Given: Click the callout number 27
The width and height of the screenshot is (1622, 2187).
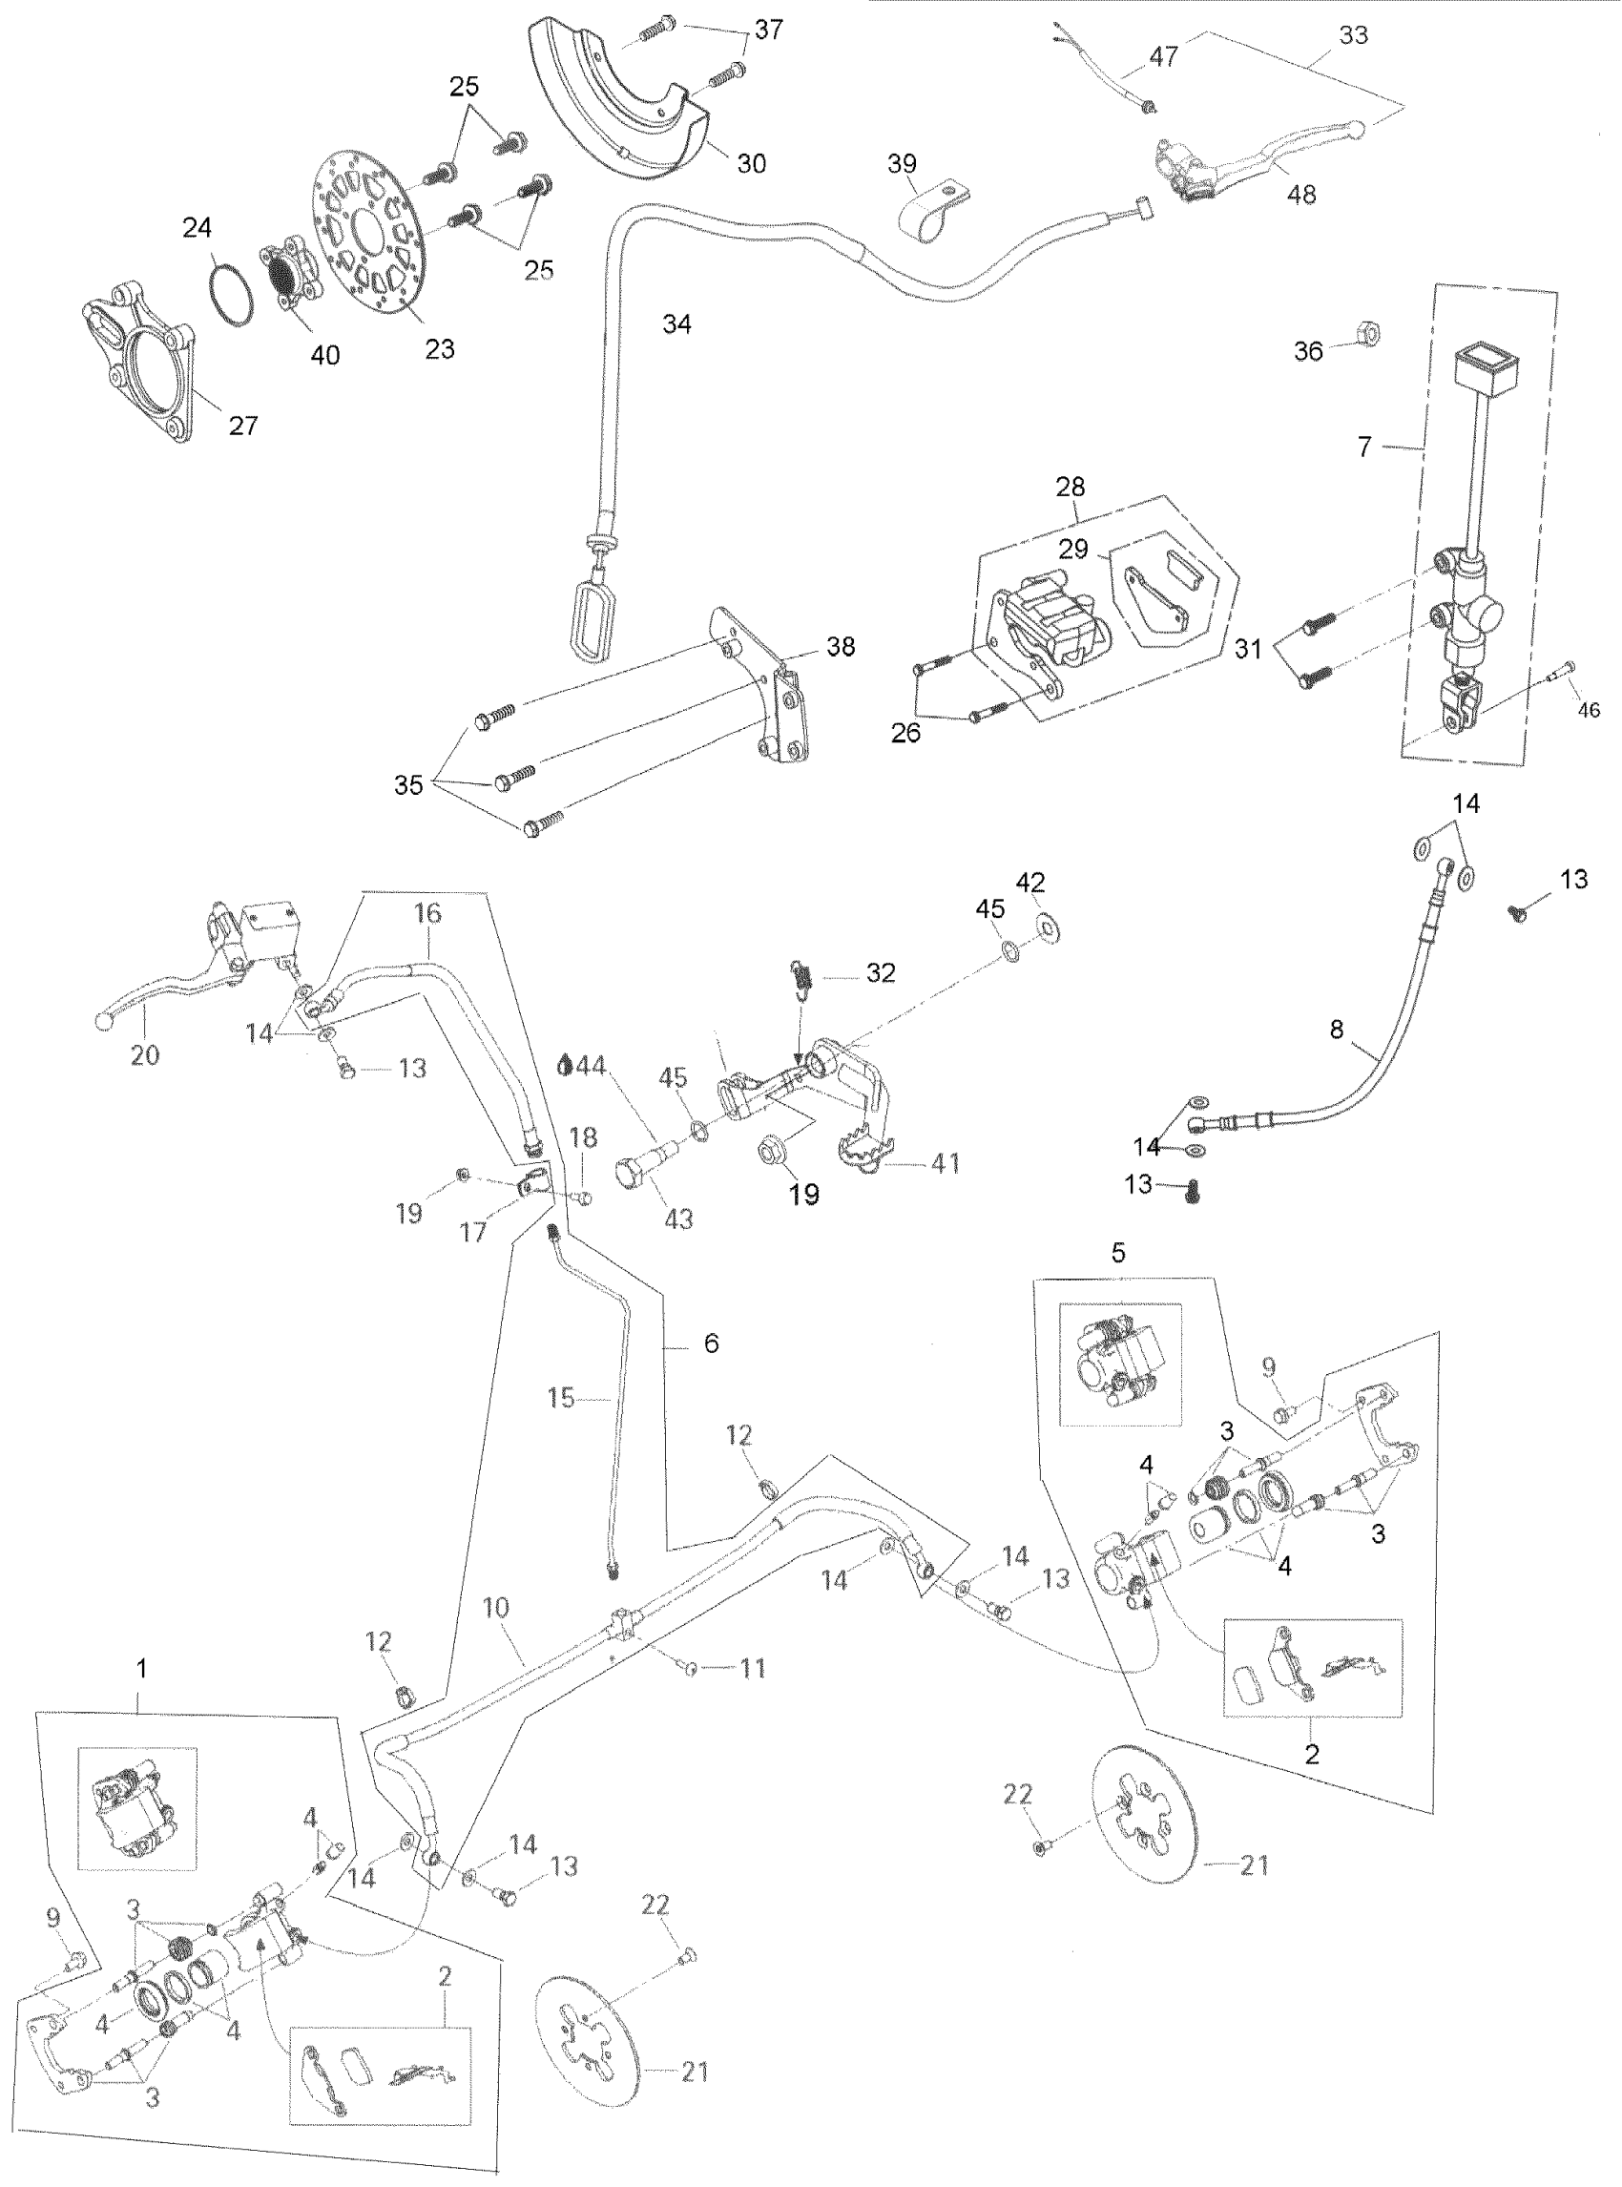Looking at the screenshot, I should pyautogui.click(x=242, y=426).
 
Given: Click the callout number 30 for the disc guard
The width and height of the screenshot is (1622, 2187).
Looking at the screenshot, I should pyautogui.click(x=751, y=163).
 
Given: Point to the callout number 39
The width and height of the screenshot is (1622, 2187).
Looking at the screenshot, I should pyautogui.click(x=902, y=163).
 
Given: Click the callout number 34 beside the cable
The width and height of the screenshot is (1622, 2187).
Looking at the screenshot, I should pyautogui.click(x=676, y=324).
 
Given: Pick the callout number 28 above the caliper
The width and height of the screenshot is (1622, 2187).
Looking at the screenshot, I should pyautogui.click(x=1071, y=487).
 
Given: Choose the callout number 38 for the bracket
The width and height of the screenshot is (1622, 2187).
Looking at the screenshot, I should pyautogui.click(x=841, y=646).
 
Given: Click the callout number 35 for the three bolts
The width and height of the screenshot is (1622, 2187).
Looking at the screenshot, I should pyautogui.click(x=408, y=784).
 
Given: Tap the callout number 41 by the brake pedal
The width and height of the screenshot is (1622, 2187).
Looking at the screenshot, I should pyautogui.click(x=945, y=1164).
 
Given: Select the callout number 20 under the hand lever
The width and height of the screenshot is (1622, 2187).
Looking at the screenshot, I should pyautogui.click(x=144, y=1054).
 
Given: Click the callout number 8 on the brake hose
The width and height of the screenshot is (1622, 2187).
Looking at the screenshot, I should pyautogui.click(x=1337, y=1030).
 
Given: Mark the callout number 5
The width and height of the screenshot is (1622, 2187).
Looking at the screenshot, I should pyautogui.click(x=1117, y=1253).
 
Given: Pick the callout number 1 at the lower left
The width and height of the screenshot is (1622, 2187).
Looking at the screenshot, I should pyautogui.click(x=141, y=1669).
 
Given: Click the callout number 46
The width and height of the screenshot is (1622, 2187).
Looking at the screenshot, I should pyautogui.click(x=1588, y=710).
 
